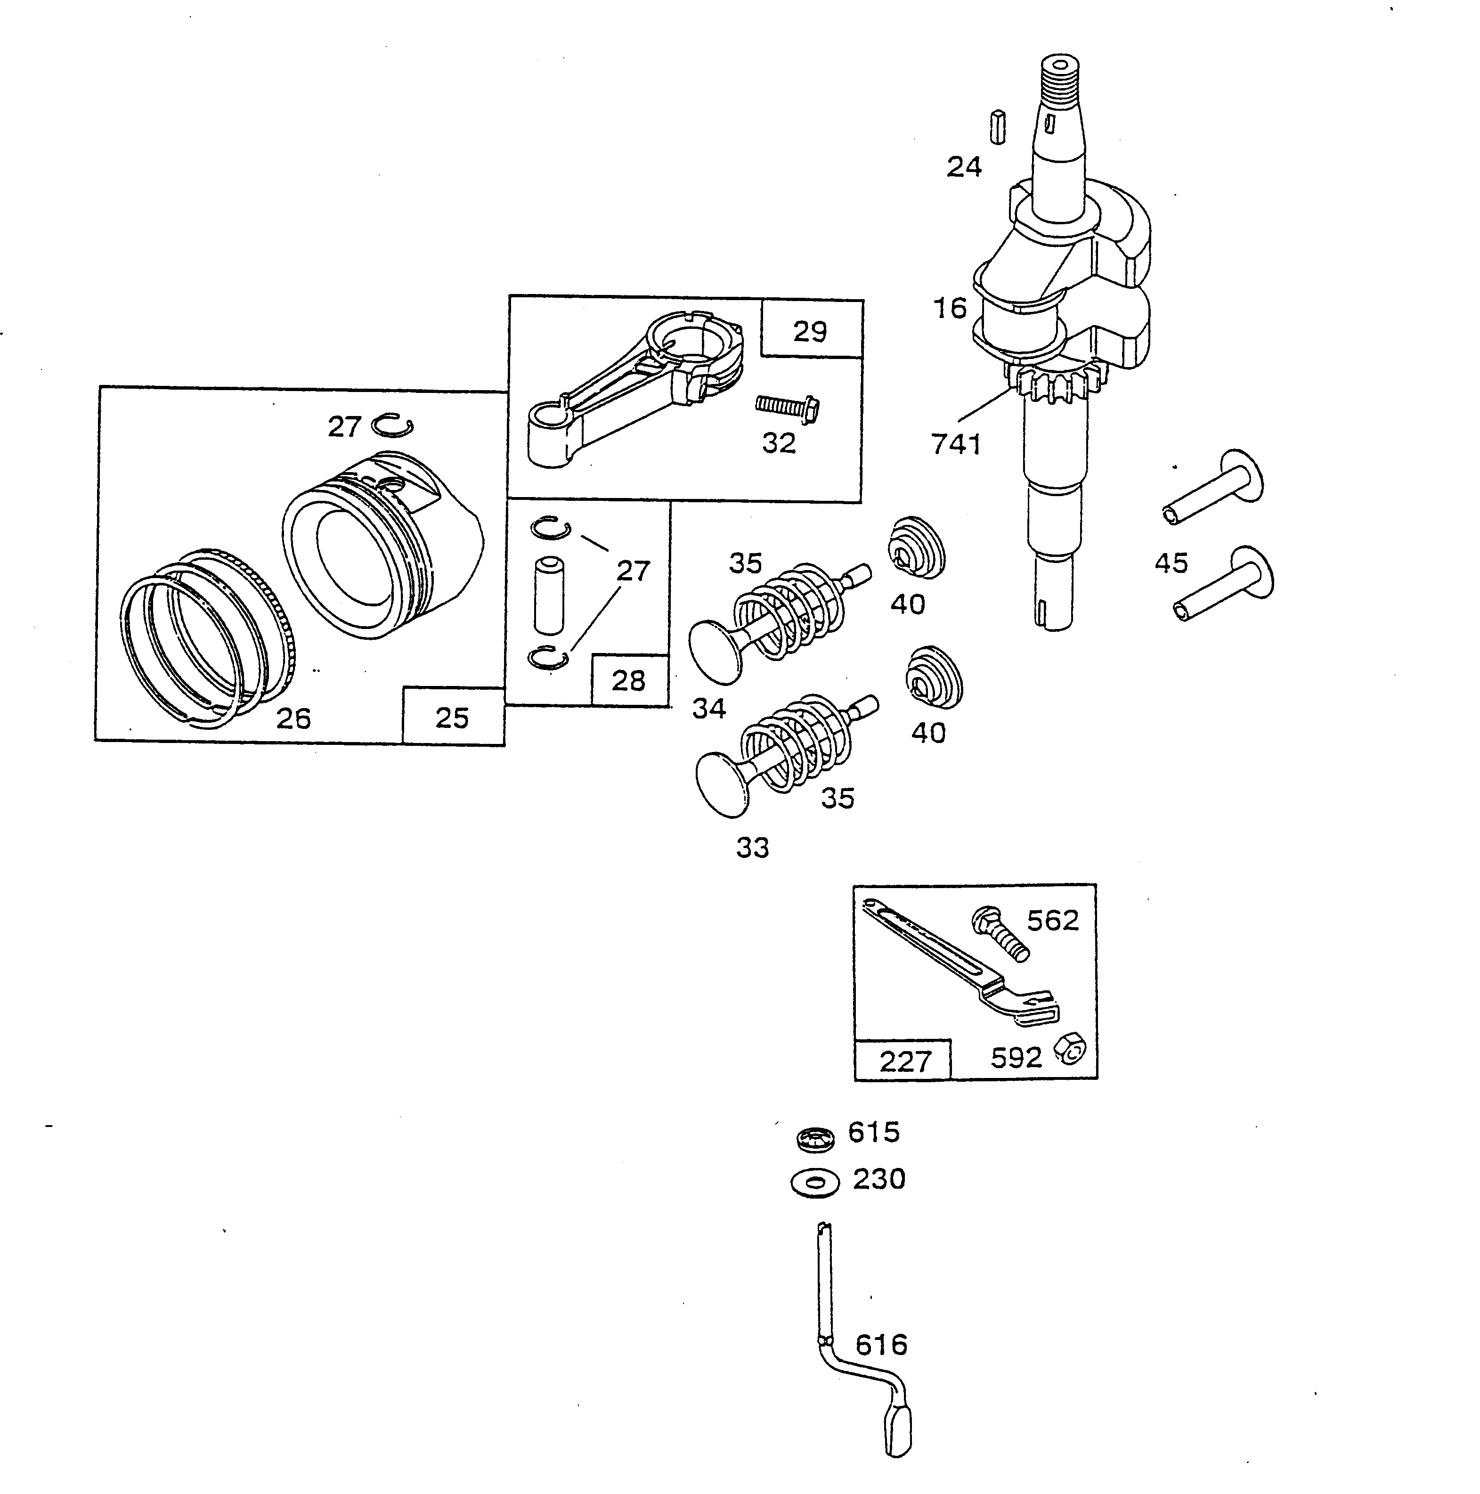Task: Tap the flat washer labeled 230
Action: click(815, 1183)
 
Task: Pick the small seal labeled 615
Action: click(816, 1137)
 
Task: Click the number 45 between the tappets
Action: click(1170, 563)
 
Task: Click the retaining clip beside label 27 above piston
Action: click(392, 425)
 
